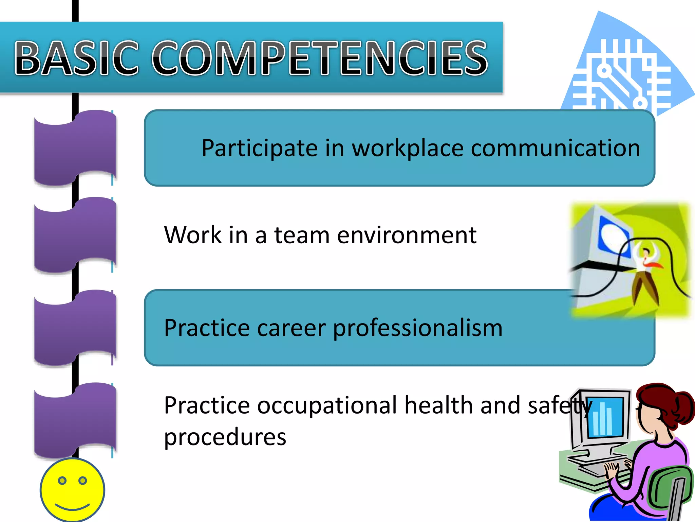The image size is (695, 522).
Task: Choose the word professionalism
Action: pos(417,329)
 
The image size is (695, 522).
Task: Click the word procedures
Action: pos(225,437)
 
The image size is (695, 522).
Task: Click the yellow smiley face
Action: pos(72,490)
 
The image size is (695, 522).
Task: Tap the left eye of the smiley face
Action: pos(62,481)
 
